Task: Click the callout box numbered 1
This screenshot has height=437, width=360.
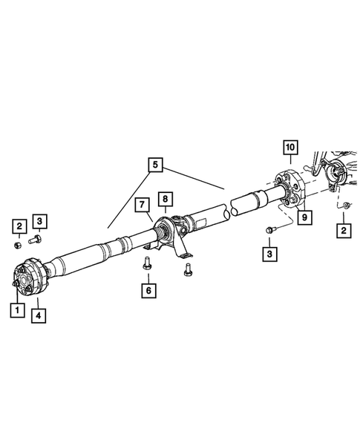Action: [x=14, y=311]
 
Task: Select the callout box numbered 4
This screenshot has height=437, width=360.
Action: [x=37, y=315]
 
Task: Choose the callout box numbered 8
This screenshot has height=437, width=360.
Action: [x=165, y=199]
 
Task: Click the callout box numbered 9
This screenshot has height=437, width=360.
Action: [x=303, y=217]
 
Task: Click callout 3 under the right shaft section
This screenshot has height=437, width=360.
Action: [x=271, y=254]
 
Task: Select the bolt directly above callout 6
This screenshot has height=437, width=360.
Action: [x=146, y=262]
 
